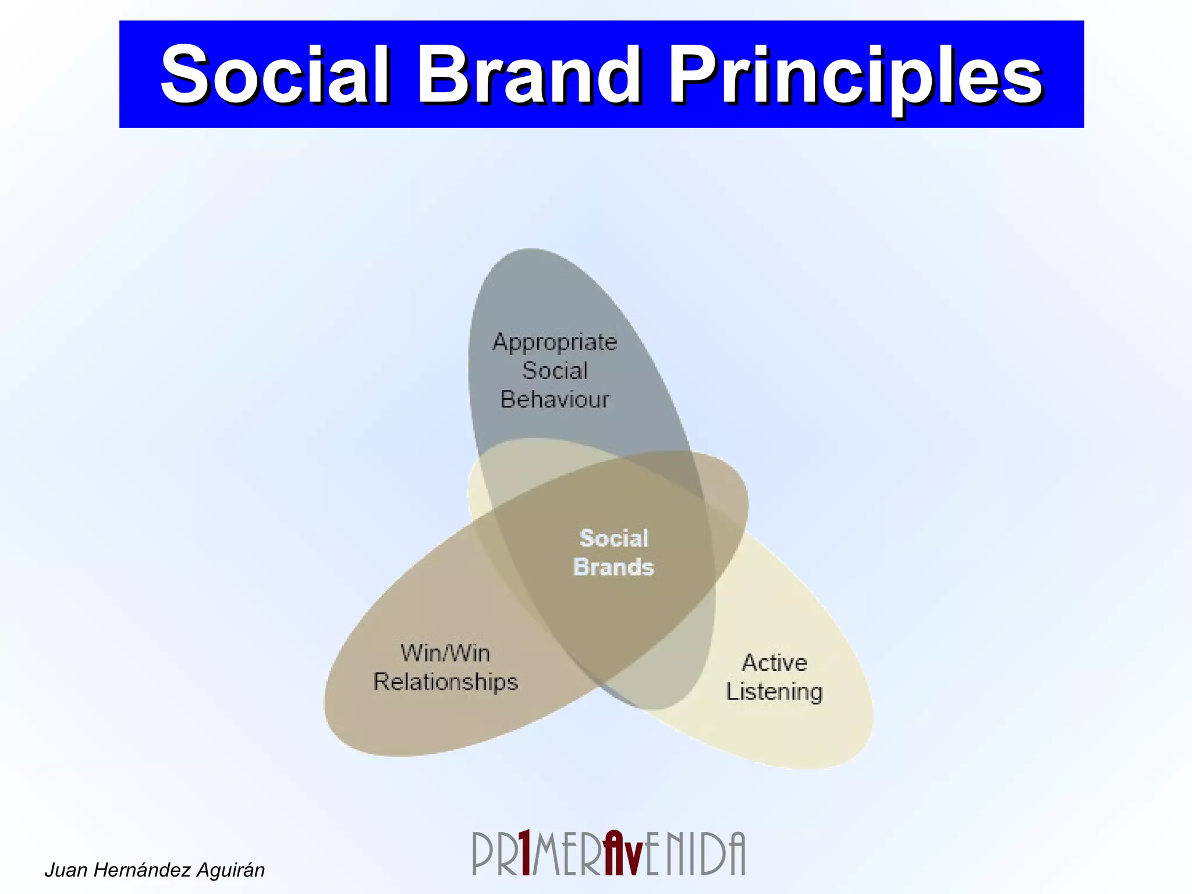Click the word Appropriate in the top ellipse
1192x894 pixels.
coord(555,343)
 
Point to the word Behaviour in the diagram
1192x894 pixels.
coord(555,400)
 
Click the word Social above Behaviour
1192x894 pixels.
coord(555,371)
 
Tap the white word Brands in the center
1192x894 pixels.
coord(613,567)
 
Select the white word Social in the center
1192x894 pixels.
coord(613,538)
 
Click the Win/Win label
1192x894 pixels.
coord(445,653)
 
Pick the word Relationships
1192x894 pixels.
coord(445,682)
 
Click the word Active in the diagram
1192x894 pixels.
coord(774,663)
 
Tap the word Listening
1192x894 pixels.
coord(774,692)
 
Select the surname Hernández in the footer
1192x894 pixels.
coord(143,870)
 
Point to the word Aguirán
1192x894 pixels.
coord(230,870)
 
